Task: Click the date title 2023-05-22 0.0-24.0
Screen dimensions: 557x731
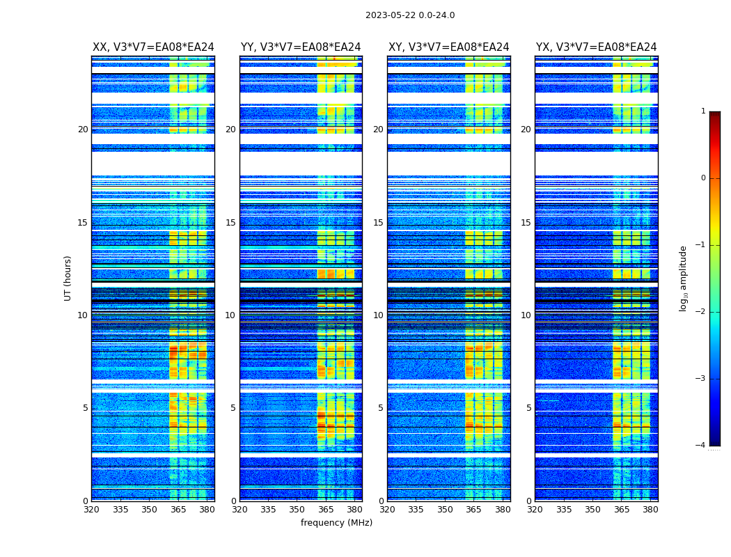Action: (x=410, y=15)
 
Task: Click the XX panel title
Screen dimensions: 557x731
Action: (x=153, y=47)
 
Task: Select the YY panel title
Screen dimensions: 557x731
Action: (x=301, y=47)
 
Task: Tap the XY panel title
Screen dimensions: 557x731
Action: (x=448, y=47)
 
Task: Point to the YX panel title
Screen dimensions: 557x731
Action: (x=596, y=47)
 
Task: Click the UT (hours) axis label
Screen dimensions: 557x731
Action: (x=68, y=278)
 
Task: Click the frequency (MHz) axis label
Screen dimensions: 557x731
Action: (x=336, y=523)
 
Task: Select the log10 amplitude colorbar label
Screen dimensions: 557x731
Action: (x=684, y=278)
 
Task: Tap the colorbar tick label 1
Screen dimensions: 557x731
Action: (x=703, y=111)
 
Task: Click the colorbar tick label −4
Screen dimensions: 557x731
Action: (x=701, y=446)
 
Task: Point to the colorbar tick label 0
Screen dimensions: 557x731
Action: (x=703, y=178)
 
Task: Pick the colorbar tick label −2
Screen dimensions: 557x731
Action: (x=701, y=312)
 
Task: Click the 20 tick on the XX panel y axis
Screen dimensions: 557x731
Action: (x=83, y=130)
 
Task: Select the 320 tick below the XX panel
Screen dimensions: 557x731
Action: (x=92, y=510)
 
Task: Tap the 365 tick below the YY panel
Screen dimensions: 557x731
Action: (x=326, y=510)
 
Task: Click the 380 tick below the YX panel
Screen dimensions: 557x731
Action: (x=650, y=510)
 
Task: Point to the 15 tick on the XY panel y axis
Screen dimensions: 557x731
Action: (x=378, y=223)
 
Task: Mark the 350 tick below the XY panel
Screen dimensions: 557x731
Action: (x=445, y=510)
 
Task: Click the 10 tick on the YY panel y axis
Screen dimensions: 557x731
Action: (x=230, y=315)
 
